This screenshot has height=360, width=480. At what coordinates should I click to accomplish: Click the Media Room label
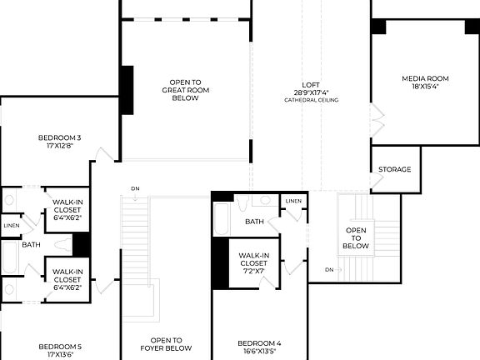pos(419,79)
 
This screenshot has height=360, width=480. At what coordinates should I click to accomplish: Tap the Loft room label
pos(311,84)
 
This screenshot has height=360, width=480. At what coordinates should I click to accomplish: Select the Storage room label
pos(395,170)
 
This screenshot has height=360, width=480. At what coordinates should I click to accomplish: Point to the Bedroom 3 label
pos(60,137)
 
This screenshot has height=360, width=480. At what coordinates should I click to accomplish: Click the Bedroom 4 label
pos(259,343)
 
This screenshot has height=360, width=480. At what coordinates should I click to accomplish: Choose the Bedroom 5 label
pos(60,346)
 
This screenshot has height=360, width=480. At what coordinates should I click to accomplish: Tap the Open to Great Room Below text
pos(184,90)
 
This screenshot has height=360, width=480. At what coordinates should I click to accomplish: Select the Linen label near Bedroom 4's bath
pos(293,202)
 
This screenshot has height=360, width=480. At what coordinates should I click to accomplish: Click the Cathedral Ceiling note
pos(311,100)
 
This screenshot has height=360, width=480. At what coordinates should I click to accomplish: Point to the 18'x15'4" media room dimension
pos(419,86)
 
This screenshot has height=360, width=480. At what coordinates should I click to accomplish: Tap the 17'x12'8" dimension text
pos(60,146)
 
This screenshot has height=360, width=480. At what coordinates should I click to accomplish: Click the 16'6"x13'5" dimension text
pos(259,352)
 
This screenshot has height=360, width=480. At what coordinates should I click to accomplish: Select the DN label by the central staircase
pos(135,188)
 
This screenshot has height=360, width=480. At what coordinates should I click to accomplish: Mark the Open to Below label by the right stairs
pos(357,238)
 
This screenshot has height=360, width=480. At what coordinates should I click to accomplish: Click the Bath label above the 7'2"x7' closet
pos(254,222)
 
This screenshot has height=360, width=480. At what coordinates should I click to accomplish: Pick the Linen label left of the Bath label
pos(11,226)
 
